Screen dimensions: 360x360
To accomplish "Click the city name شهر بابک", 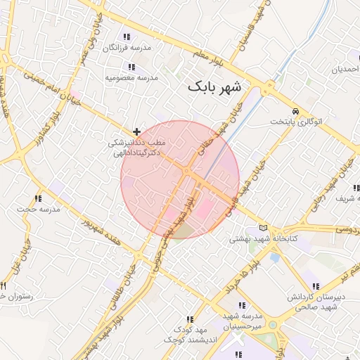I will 214,87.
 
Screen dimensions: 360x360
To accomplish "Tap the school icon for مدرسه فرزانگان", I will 127,37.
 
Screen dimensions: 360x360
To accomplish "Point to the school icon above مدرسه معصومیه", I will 131,67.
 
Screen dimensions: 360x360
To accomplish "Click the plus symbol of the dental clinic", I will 136,131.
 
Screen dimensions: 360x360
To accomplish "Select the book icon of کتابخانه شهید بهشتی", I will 264,228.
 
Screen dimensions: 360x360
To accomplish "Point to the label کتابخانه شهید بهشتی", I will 264,239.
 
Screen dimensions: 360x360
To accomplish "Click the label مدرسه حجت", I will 37,210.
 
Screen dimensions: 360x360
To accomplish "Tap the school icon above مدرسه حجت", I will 37,198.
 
